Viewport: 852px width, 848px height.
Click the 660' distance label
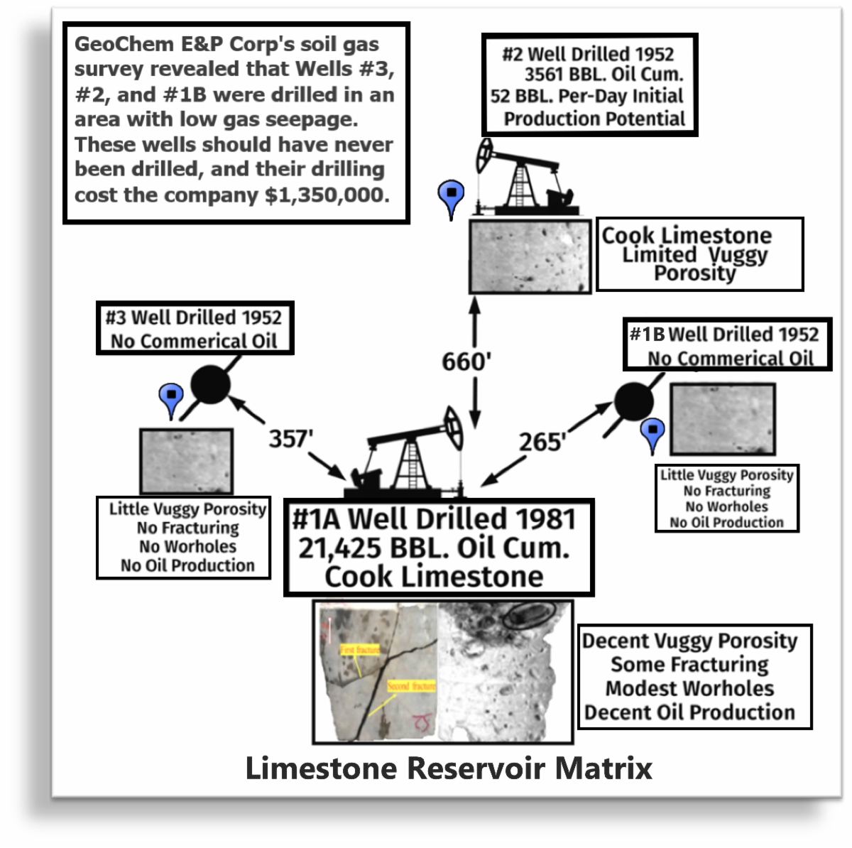[x=466, y=362]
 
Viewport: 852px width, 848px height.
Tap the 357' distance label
[x=290, y=439]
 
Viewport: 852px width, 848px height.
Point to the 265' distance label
[x=542, y=442]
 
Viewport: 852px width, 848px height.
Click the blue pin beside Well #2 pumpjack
[x=451, y=196]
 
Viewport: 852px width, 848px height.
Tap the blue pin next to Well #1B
[x=652, y=433]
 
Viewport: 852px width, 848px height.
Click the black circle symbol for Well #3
[x=210, y=384]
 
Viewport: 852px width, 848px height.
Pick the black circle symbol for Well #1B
[x=633, y=401]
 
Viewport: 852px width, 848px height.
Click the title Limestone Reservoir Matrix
[x=449, y=768]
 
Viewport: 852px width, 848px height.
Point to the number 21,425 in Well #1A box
[x=338, y=548]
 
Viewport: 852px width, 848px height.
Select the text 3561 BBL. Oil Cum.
[x=603, y=75]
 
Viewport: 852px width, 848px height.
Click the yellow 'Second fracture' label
[x=411, y=686]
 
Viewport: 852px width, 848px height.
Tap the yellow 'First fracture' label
[x=359, y=650]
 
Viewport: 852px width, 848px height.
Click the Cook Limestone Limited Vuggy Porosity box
[x=699, y=254]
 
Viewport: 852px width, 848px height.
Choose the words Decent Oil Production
[x=689, y=712]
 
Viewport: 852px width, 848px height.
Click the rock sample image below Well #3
[x=186, y=461]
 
